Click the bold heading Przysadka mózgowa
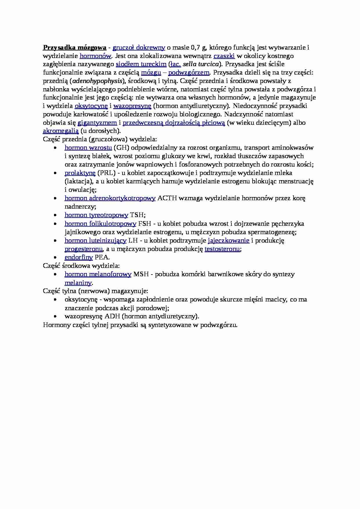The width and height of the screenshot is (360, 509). point(74,47)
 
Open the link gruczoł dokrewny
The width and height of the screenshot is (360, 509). point(139,47)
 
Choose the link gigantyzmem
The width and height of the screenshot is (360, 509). point(97,122)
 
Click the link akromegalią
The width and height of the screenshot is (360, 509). point(61,131)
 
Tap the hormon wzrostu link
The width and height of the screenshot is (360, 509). point(88,147)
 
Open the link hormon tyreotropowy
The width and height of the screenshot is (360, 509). point(96,215)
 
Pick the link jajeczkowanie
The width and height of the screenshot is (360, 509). point(228,240)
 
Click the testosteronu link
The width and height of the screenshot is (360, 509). point(222,249)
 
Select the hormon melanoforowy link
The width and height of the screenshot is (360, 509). point(98,274)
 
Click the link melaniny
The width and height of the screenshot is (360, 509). point(78,283)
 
